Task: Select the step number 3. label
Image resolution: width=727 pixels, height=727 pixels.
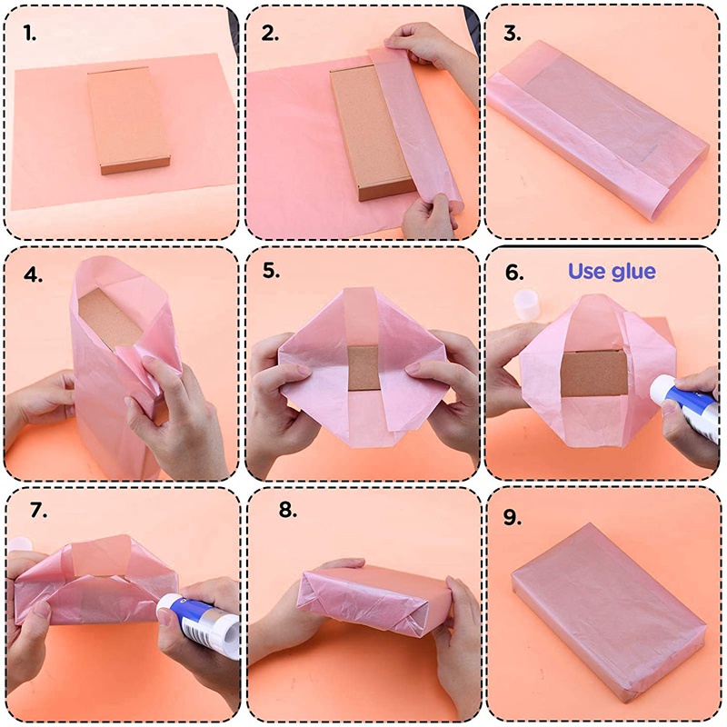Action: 513,35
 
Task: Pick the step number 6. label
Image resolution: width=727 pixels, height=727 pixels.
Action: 514,271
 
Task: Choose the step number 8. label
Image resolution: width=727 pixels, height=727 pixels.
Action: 288,510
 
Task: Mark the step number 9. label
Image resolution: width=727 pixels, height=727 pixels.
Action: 513,517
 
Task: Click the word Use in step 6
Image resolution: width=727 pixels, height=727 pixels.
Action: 587,271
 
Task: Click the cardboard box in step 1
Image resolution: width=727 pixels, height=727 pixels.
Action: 130,120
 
